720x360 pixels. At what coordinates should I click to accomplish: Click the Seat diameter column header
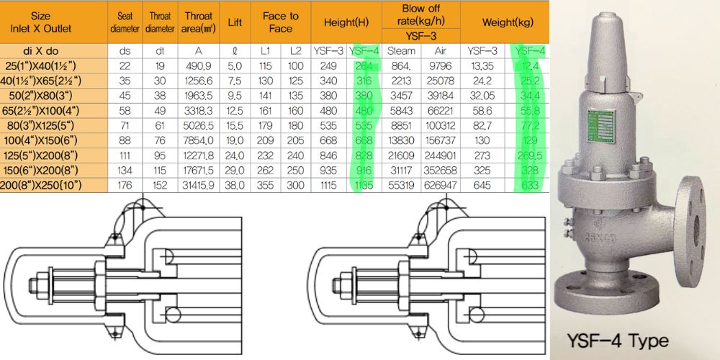(125, 22)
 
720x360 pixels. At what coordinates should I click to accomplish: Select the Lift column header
(235, 22)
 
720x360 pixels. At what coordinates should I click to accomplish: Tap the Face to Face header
(281, 22)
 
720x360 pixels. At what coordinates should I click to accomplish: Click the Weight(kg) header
(504, 22)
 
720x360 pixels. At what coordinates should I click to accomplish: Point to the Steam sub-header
(401, 51)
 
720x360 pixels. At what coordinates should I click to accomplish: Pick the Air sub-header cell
(439, 51)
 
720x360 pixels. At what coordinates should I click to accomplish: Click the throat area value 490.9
(199, 66)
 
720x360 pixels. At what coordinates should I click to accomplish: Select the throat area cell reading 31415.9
(199, 186)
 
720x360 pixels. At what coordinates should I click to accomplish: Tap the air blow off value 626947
(441, 186)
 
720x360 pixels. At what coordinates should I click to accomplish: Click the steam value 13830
(401, 140)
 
